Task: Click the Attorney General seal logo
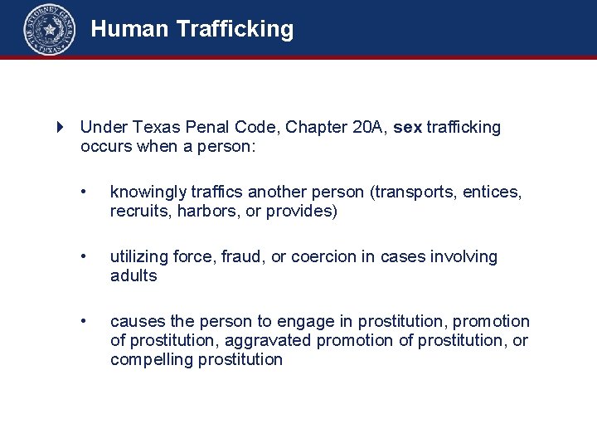click(50, 30)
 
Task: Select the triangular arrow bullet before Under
click(61, 127)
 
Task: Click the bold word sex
click(408, 127)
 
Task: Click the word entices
click(493, 192)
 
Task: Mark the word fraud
click(240, 256)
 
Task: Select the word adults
click(133, 275)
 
